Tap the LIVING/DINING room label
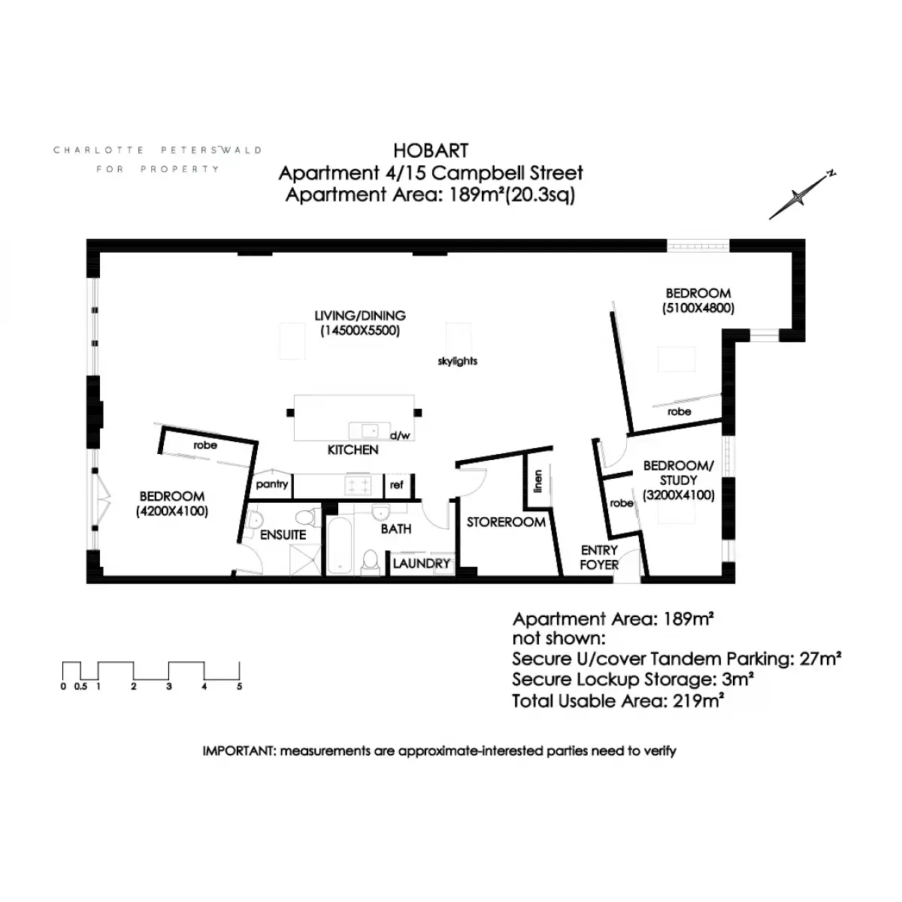click(360, 316)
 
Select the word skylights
click(457, 361)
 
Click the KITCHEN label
click(353, 449)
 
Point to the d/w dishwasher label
click(400, 436)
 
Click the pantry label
click(272, 485)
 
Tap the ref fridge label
click(396, 485)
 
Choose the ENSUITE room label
click(283, 534)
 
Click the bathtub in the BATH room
click(339, 545)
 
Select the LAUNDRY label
click(421, 564)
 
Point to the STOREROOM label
click(506, 522)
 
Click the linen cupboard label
click(538, 481)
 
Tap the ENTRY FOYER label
click(599, 557)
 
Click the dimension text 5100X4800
click(698, 308)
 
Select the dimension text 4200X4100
click(172, 511)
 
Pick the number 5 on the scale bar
click(239, 687)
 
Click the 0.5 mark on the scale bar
click(80, 687)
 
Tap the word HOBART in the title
click(431, 151)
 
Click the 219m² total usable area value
click(698, 701)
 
